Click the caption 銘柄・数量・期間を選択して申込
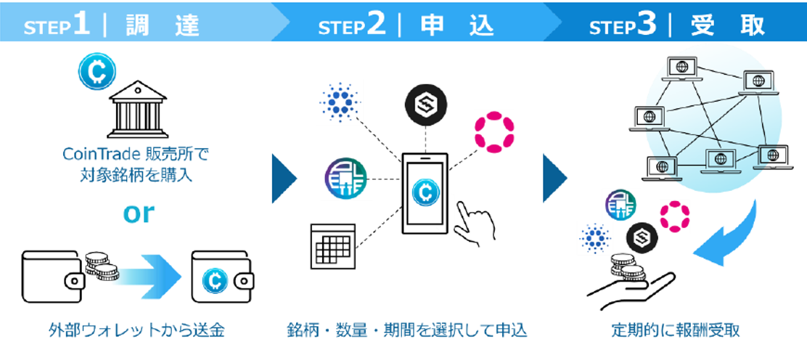[406, 331]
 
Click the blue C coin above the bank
[93, 71]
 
